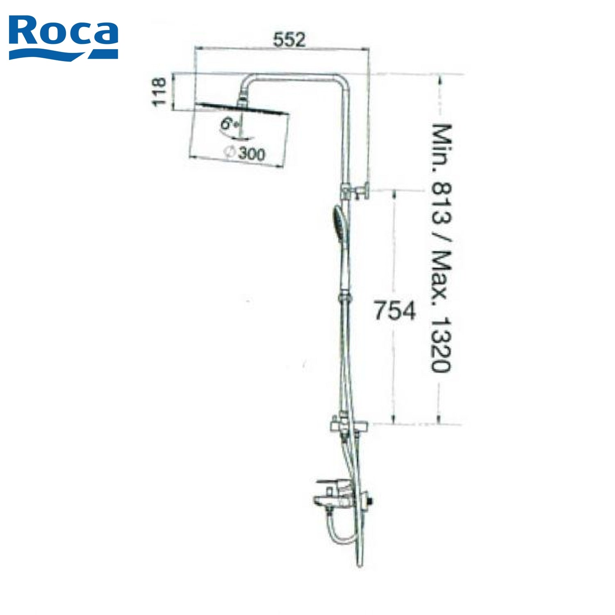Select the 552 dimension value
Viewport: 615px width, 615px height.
click(x=290, y=40)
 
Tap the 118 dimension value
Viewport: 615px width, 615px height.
click(x=159, y=92)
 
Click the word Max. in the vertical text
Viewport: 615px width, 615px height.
click(x=442, y=279)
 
